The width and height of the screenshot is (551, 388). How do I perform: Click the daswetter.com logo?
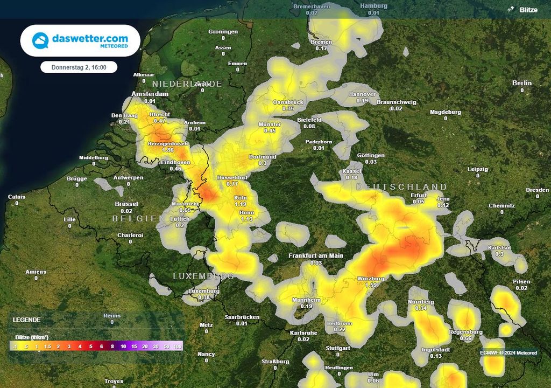80,41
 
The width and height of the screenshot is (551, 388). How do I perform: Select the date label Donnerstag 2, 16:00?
79,67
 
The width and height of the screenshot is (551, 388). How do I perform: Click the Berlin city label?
521,83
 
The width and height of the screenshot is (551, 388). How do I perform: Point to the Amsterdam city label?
150,94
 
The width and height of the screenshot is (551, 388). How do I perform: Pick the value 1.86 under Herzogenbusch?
167,150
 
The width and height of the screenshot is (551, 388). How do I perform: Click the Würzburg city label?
371,279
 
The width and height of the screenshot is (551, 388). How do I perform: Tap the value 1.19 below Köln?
241,205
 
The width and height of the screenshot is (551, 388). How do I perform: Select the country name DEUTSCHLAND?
401,187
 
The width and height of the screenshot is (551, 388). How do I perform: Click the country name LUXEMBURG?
203,276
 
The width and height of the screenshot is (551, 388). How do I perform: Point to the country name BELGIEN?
138,218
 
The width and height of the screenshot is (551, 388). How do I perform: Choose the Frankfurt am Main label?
316,256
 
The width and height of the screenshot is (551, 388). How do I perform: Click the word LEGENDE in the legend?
26,320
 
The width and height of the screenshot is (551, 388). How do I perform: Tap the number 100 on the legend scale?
177,346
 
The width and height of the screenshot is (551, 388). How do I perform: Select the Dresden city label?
538,190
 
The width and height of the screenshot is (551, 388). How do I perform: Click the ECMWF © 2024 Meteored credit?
508,353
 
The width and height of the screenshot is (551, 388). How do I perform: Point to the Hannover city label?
362,94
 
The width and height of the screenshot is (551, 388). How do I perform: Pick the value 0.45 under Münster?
270,131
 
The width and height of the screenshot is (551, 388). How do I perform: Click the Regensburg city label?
465,332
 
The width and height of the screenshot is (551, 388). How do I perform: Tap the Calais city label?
16,197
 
